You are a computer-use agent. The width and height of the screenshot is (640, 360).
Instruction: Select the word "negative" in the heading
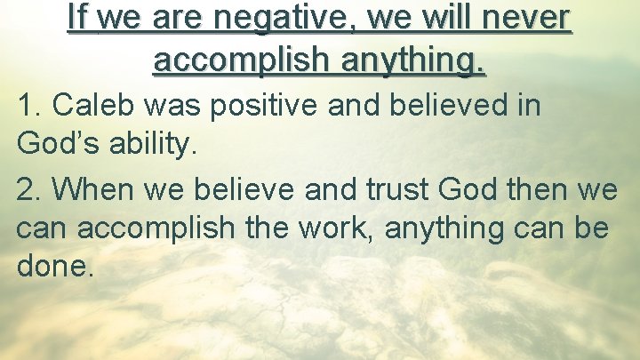(x=244, y=18)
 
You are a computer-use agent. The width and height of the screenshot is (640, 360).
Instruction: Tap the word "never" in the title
(x=525, y=18)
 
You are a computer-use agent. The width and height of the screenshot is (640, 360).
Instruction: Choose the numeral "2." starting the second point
(x=30, y=189)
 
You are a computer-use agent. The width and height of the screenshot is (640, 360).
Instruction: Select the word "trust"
(x=396, y=189)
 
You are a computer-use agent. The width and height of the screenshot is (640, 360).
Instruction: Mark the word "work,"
(x=348, y=228)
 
